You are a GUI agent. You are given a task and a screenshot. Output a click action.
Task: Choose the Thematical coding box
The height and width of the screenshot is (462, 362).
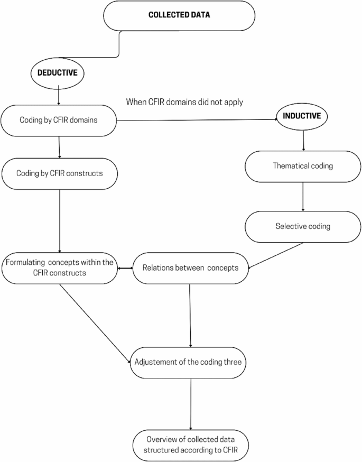tap(303, 165)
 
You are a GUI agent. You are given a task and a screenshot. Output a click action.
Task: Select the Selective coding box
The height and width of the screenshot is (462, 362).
tap(303, 226)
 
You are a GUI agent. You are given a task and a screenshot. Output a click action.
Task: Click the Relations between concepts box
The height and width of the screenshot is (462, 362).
tap(191, 268)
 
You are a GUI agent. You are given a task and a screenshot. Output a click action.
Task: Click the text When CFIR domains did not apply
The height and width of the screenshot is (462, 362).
tap(184, 102)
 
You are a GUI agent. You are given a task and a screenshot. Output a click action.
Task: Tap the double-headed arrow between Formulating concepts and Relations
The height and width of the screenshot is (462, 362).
tap(124, 268)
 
